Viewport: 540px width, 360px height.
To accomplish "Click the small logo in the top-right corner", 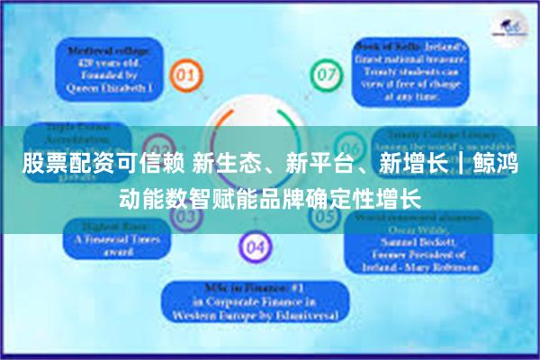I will (508, 27).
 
